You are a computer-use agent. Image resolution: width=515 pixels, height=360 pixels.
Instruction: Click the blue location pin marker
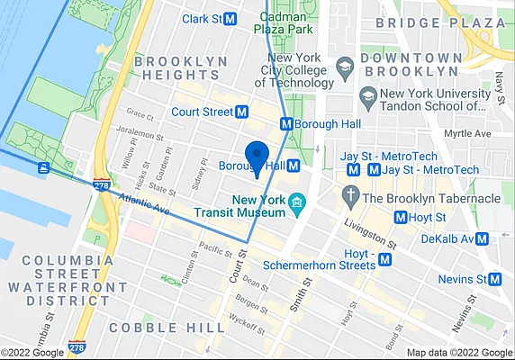pos(257,157)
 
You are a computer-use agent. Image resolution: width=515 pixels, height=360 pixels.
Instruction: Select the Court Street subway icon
pos(241,112)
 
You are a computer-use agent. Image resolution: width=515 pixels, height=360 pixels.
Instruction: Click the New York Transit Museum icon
pos(296,208)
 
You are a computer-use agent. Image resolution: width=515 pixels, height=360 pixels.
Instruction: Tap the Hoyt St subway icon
pos(401,217)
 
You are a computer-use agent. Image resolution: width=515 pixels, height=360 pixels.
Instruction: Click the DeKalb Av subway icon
pos(483,238)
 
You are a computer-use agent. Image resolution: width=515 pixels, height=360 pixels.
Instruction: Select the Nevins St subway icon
pos(494,279)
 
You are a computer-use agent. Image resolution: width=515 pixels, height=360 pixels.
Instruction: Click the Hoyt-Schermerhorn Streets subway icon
pos(385,259)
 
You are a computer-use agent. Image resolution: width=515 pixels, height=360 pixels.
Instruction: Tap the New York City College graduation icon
pos(343,67)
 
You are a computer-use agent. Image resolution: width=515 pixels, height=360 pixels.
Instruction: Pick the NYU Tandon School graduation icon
pos(367,94)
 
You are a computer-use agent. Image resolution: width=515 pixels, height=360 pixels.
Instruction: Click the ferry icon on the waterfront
pos(43,167)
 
